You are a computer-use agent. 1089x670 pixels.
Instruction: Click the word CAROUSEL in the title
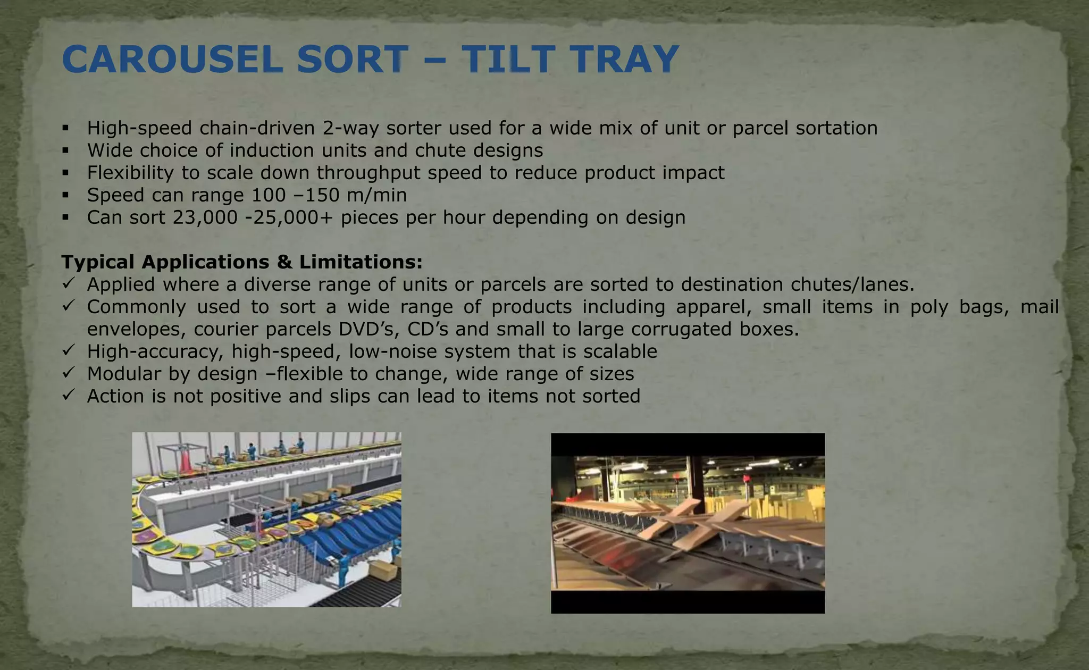coord(172,59)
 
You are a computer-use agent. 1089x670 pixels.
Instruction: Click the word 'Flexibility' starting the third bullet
coord(130,173)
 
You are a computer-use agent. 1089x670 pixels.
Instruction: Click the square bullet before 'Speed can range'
coord(65,195)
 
